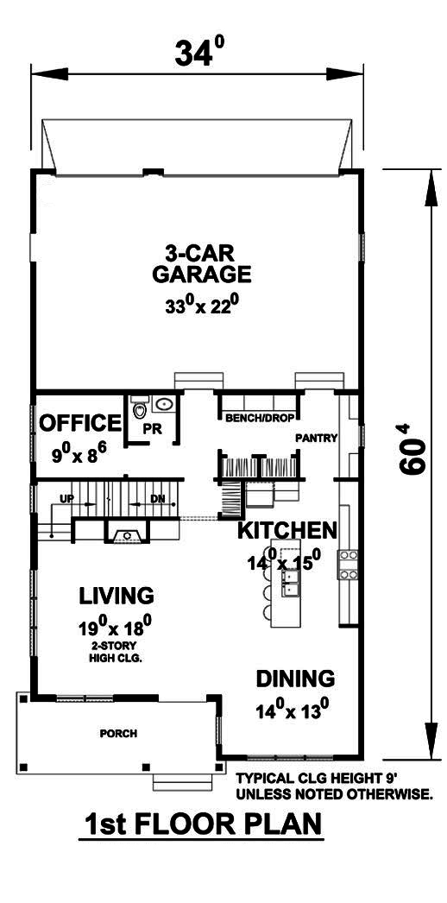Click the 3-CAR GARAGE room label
tap(201, 263)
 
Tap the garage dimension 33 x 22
tap(201, 305)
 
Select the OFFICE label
tap(80, 423)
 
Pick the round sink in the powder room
tap(165, 404)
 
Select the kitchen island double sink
tap(291, 586)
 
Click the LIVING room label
tap(116, 596)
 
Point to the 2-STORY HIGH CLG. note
tap(116, 652)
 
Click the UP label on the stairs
tap(66, 499)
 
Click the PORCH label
tap(118, 734)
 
